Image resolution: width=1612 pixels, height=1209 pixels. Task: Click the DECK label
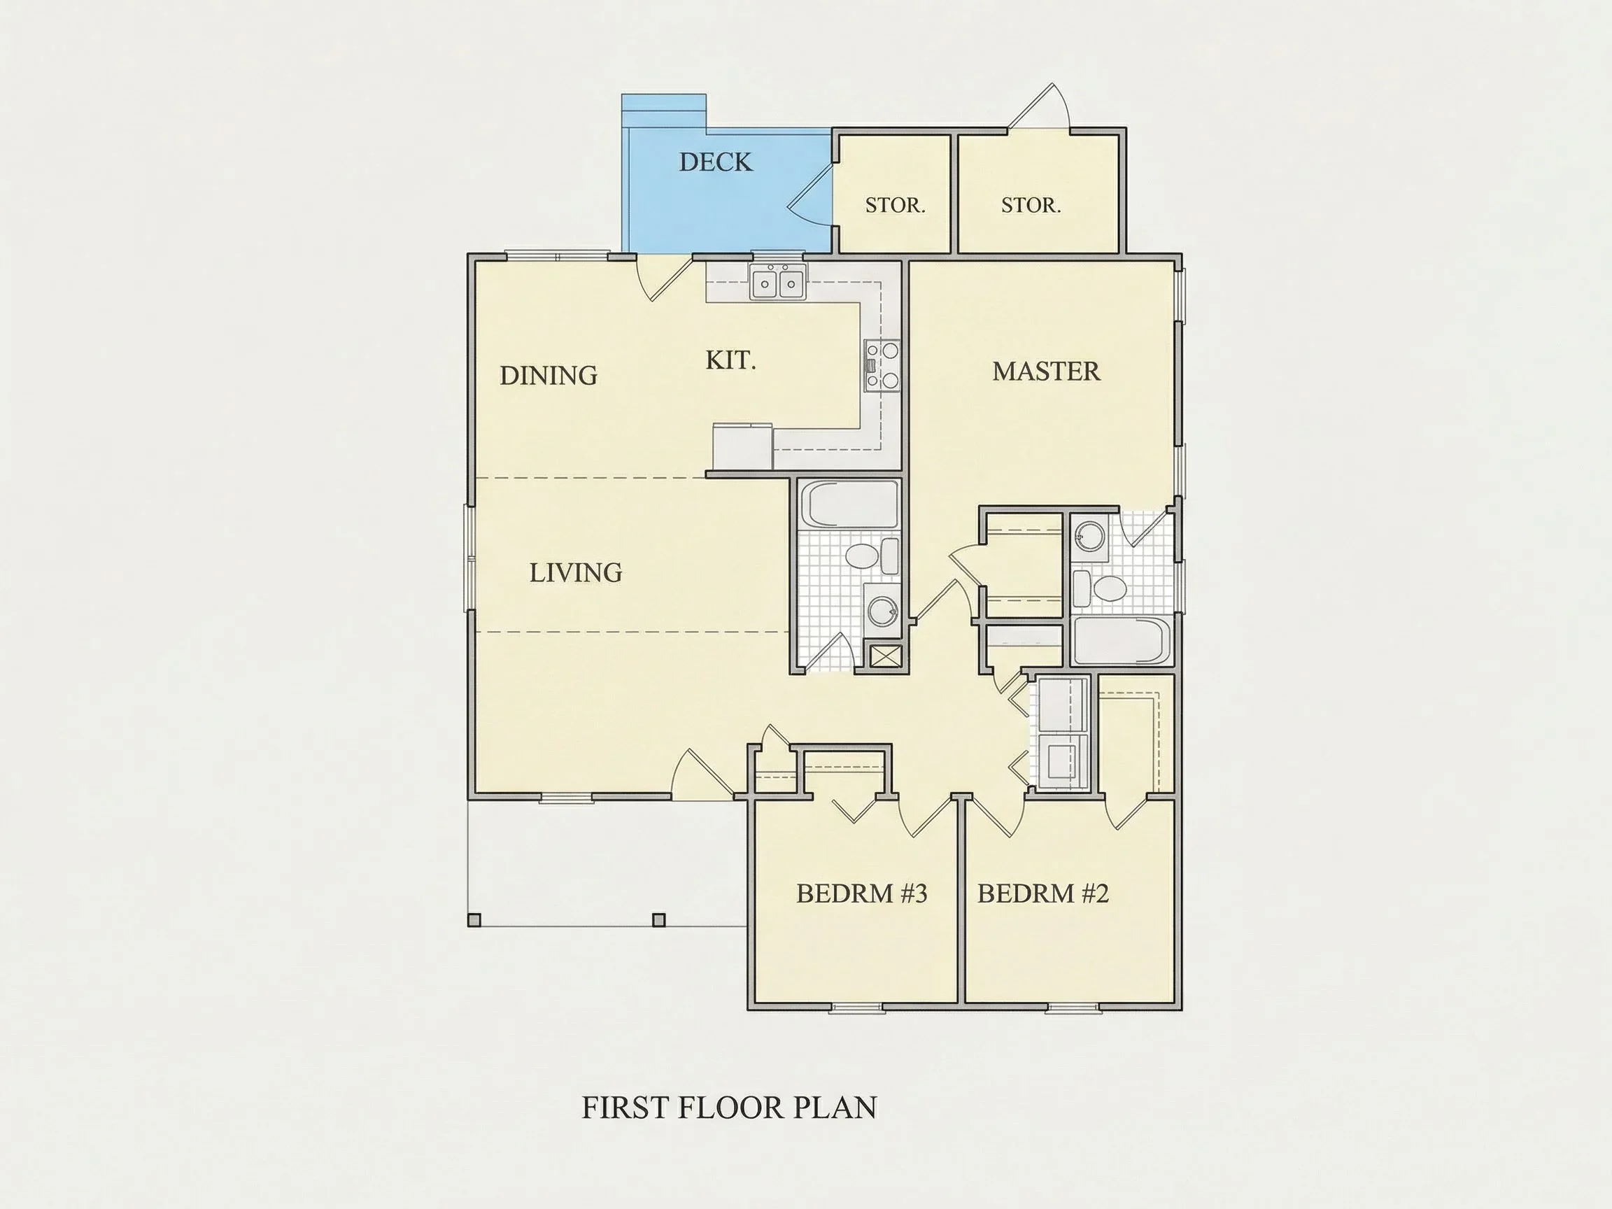tap(716, 162)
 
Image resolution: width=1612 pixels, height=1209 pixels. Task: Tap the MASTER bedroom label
tap(1046, 372)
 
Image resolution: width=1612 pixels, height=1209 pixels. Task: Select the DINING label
tap(548, 375)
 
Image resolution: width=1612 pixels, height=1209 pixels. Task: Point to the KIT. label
tap(730, 360)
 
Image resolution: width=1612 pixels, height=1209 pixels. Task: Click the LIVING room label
tap(576, 573)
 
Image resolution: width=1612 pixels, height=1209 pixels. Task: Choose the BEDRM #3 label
tap(861, 893)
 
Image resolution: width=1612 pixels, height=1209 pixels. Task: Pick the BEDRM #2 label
tap(1043, 893)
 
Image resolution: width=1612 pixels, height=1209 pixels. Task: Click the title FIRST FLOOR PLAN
tap(730, 1108)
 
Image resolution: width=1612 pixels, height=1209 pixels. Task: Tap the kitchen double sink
tap(778, 281)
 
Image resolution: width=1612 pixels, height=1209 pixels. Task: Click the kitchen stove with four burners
tap(882, 365)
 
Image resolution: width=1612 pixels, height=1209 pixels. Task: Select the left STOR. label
tap(895, 206)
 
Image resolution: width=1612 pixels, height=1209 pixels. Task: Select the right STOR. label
tap(1031, 206)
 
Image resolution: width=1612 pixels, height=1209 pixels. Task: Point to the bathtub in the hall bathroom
tap(849, 503)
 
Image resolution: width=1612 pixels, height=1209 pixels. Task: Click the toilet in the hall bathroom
tap(872, 556)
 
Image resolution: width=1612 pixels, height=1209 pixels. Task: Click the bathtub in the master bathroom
tap(1123, 641)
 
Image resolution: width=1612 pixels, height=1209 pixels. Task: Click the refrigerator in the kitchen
tap(742, 446)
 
